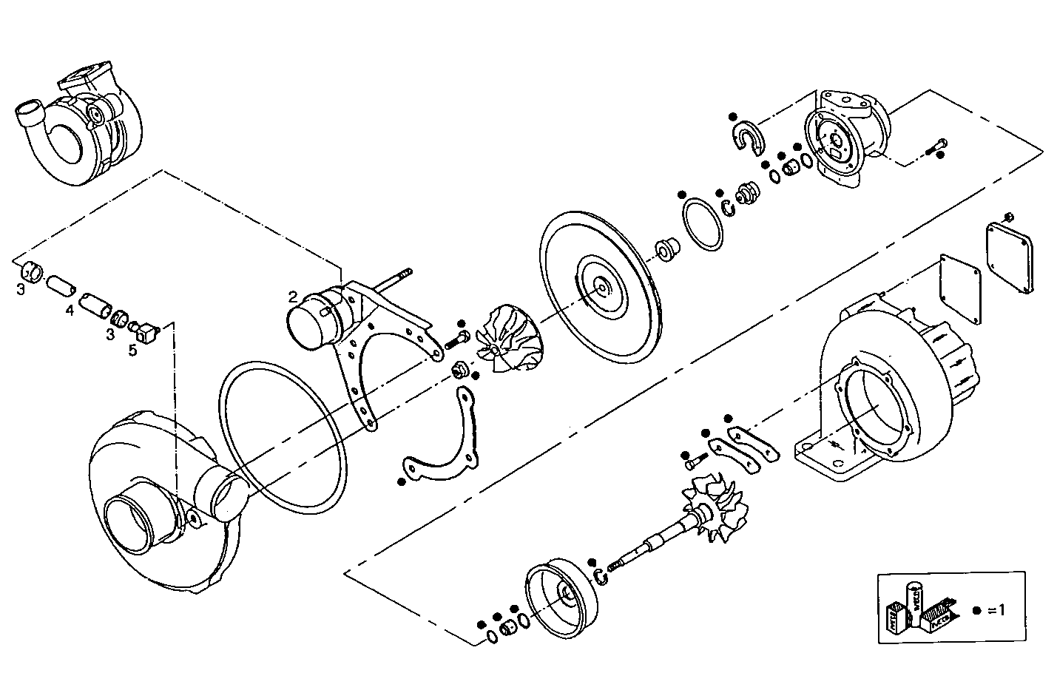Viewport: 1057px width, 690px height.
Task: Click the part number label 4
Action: tap(70, 311)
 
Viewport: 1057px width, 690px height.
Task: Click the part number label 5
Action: tap(133, 350)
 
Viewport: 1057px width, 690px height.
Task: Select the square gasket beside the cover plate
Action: tap(961, 288)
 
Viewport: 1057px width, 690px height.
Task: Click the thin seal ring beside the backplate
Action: tap(702, 225)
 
